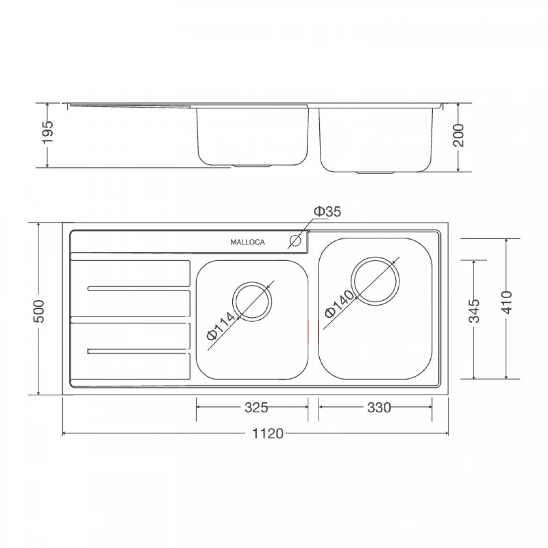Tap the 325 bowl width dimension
tap(256, 408)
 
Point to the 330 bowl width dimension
tap(379, 408)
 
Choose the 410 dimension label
tap(506, 302)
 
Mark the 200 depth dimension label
tap(459, 135)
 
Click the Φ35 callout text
tap(327, 212)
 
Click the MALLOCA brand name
tap(247, 242)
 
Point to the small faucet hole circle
tap(295, 241)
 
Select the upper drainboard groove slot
tap(139, 288)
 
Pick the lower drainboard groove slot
tap(139, 351)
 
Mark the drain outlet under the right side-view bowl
tap(375, 172)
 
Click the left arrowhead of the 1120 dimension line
tap(64, 433)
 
